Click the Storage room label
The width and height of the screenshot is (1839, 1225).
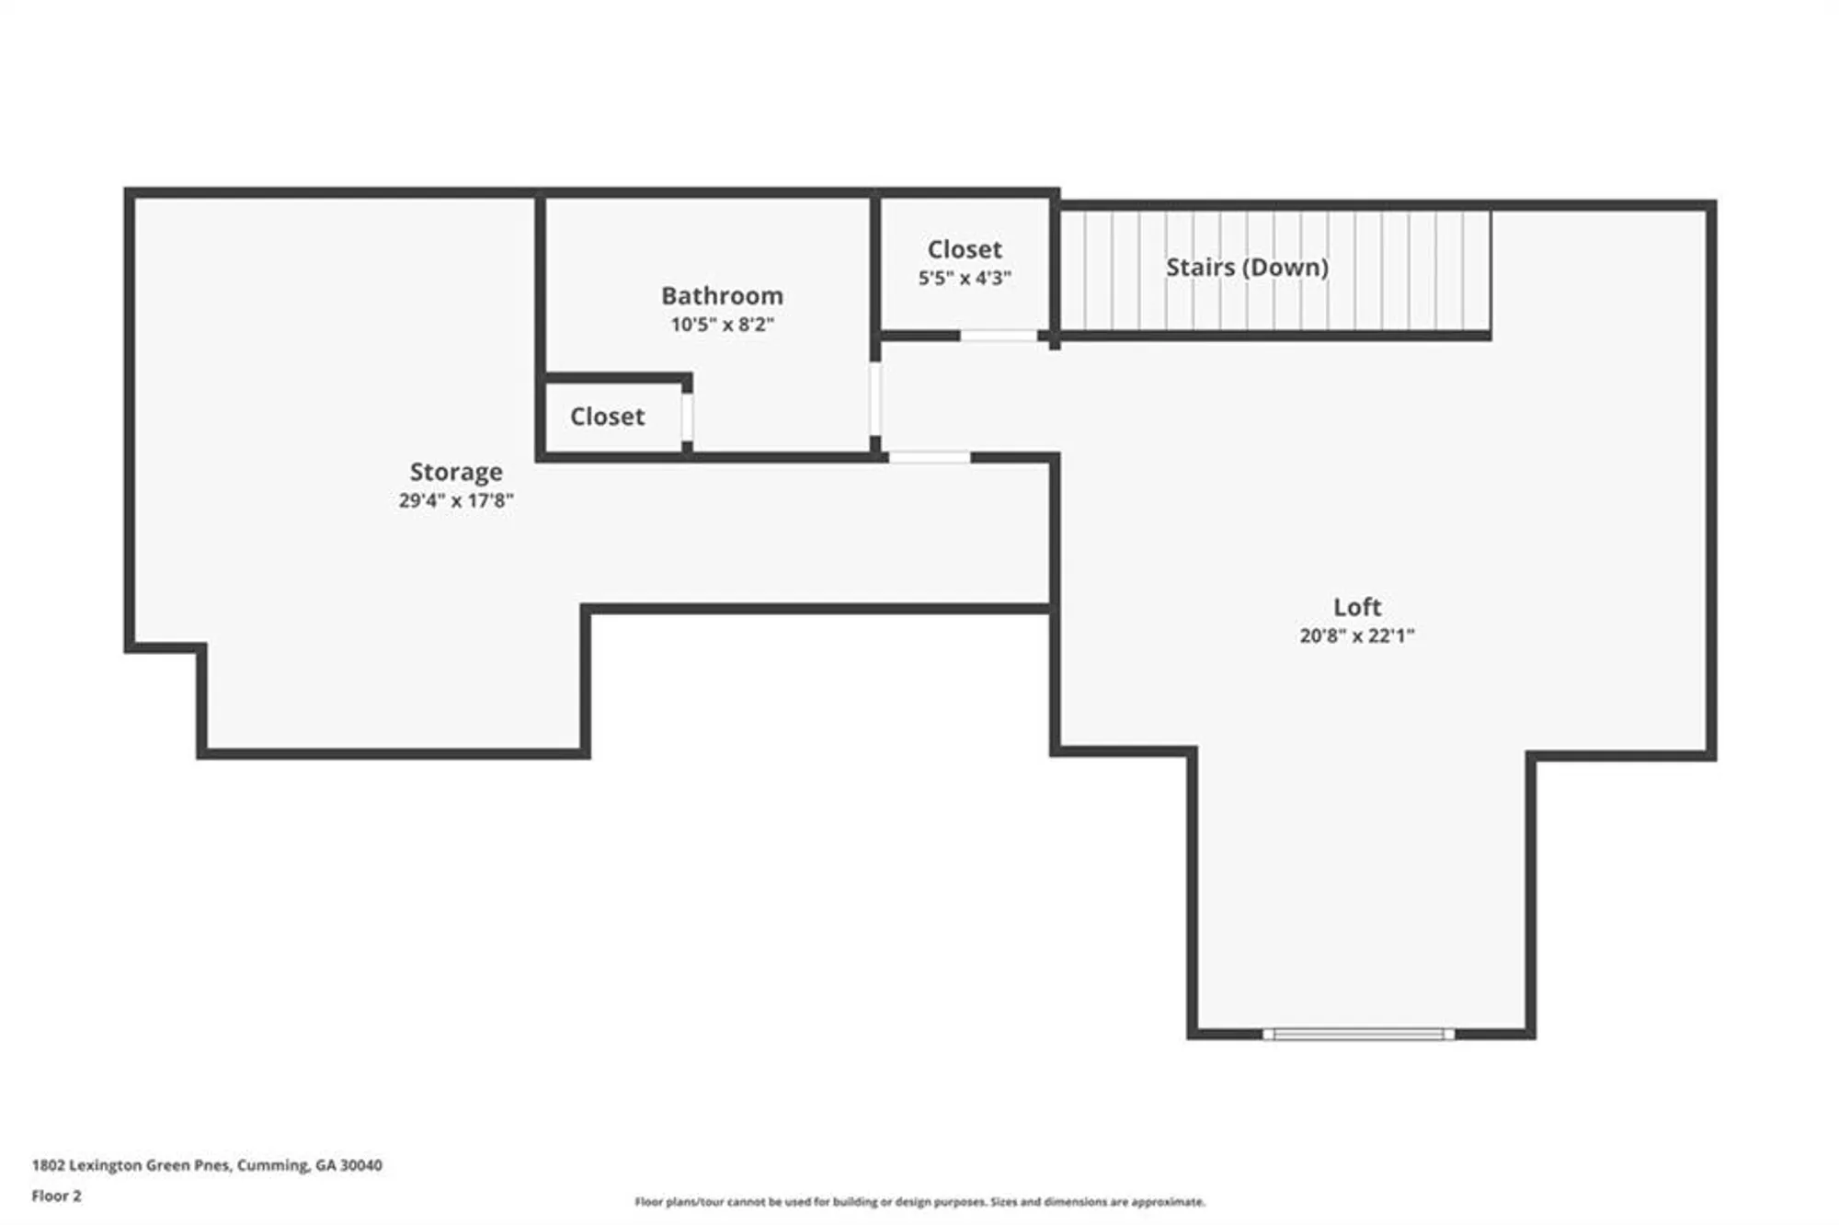[x=456, y=472]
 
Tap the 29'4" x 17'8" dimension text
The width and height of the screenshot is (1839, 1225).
[x=456, y=500]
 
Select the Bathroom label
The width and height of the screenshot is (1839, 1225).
[x=722, y=295]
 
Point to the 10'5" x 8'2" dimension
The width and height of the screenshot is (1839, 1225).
[x=722, y=324]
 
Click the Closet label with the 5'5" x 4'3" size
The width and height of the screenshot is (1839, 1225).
[x=965, y=249]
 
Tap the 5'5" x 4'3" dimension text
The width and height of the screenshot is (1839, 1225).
[x=965, y=278]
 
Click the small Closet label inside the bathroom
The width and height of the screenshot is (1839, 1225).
[x=607, y=417]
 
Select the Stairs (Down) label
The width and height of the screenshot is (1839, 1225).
[x=1247, y=267]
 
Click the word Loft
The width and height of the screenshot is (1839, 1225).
[x=1357, y=607]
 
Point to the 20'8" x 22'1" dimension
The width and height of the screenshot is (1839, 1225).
[x=1357, y=635]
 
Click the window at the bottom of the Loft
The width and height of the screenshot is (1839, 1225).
[x=1358, y=1034]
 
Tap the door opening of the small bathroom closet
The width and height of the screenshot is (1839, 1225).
[x=687, y=418]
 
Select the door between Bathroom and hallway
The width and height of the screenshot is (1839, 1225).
[x=874, y=398]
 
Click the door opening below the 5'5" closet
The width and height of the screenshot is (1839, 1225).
[x=999, y=336]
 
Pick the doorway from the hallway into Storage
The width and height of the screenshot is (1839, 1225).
[x=929, y=457]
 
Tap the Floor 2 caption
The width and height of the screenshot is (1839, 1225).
[x=56, y=1196]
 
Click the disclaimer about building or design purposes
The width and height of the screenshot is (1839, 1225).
[x=919, y=1201]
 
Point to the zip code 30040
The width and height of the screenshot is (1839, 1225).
[x=361, y=1165]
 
